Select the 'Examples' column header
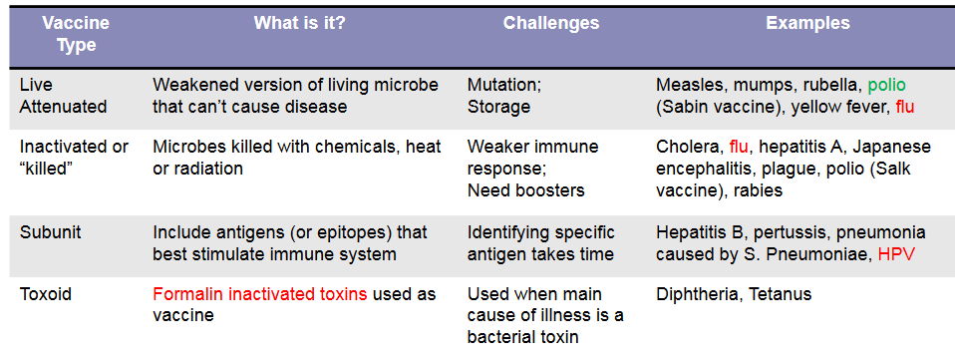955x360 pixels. (x=807, y=23)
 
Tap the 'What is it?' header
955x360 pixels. (x=299, y=23)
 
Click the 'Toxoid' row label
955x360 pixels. (x=47, y=294)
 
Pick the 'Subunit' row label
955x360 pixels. (x=51, y=232)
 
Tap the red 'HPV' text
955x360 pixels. (x=896, y=254)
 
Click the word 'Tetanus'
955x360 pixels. (x=780, y=294)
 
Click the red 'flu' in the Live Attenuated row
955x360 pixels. (x=904, y=107)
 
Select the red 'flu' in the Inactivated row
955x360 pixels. (x=739, y=147)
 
